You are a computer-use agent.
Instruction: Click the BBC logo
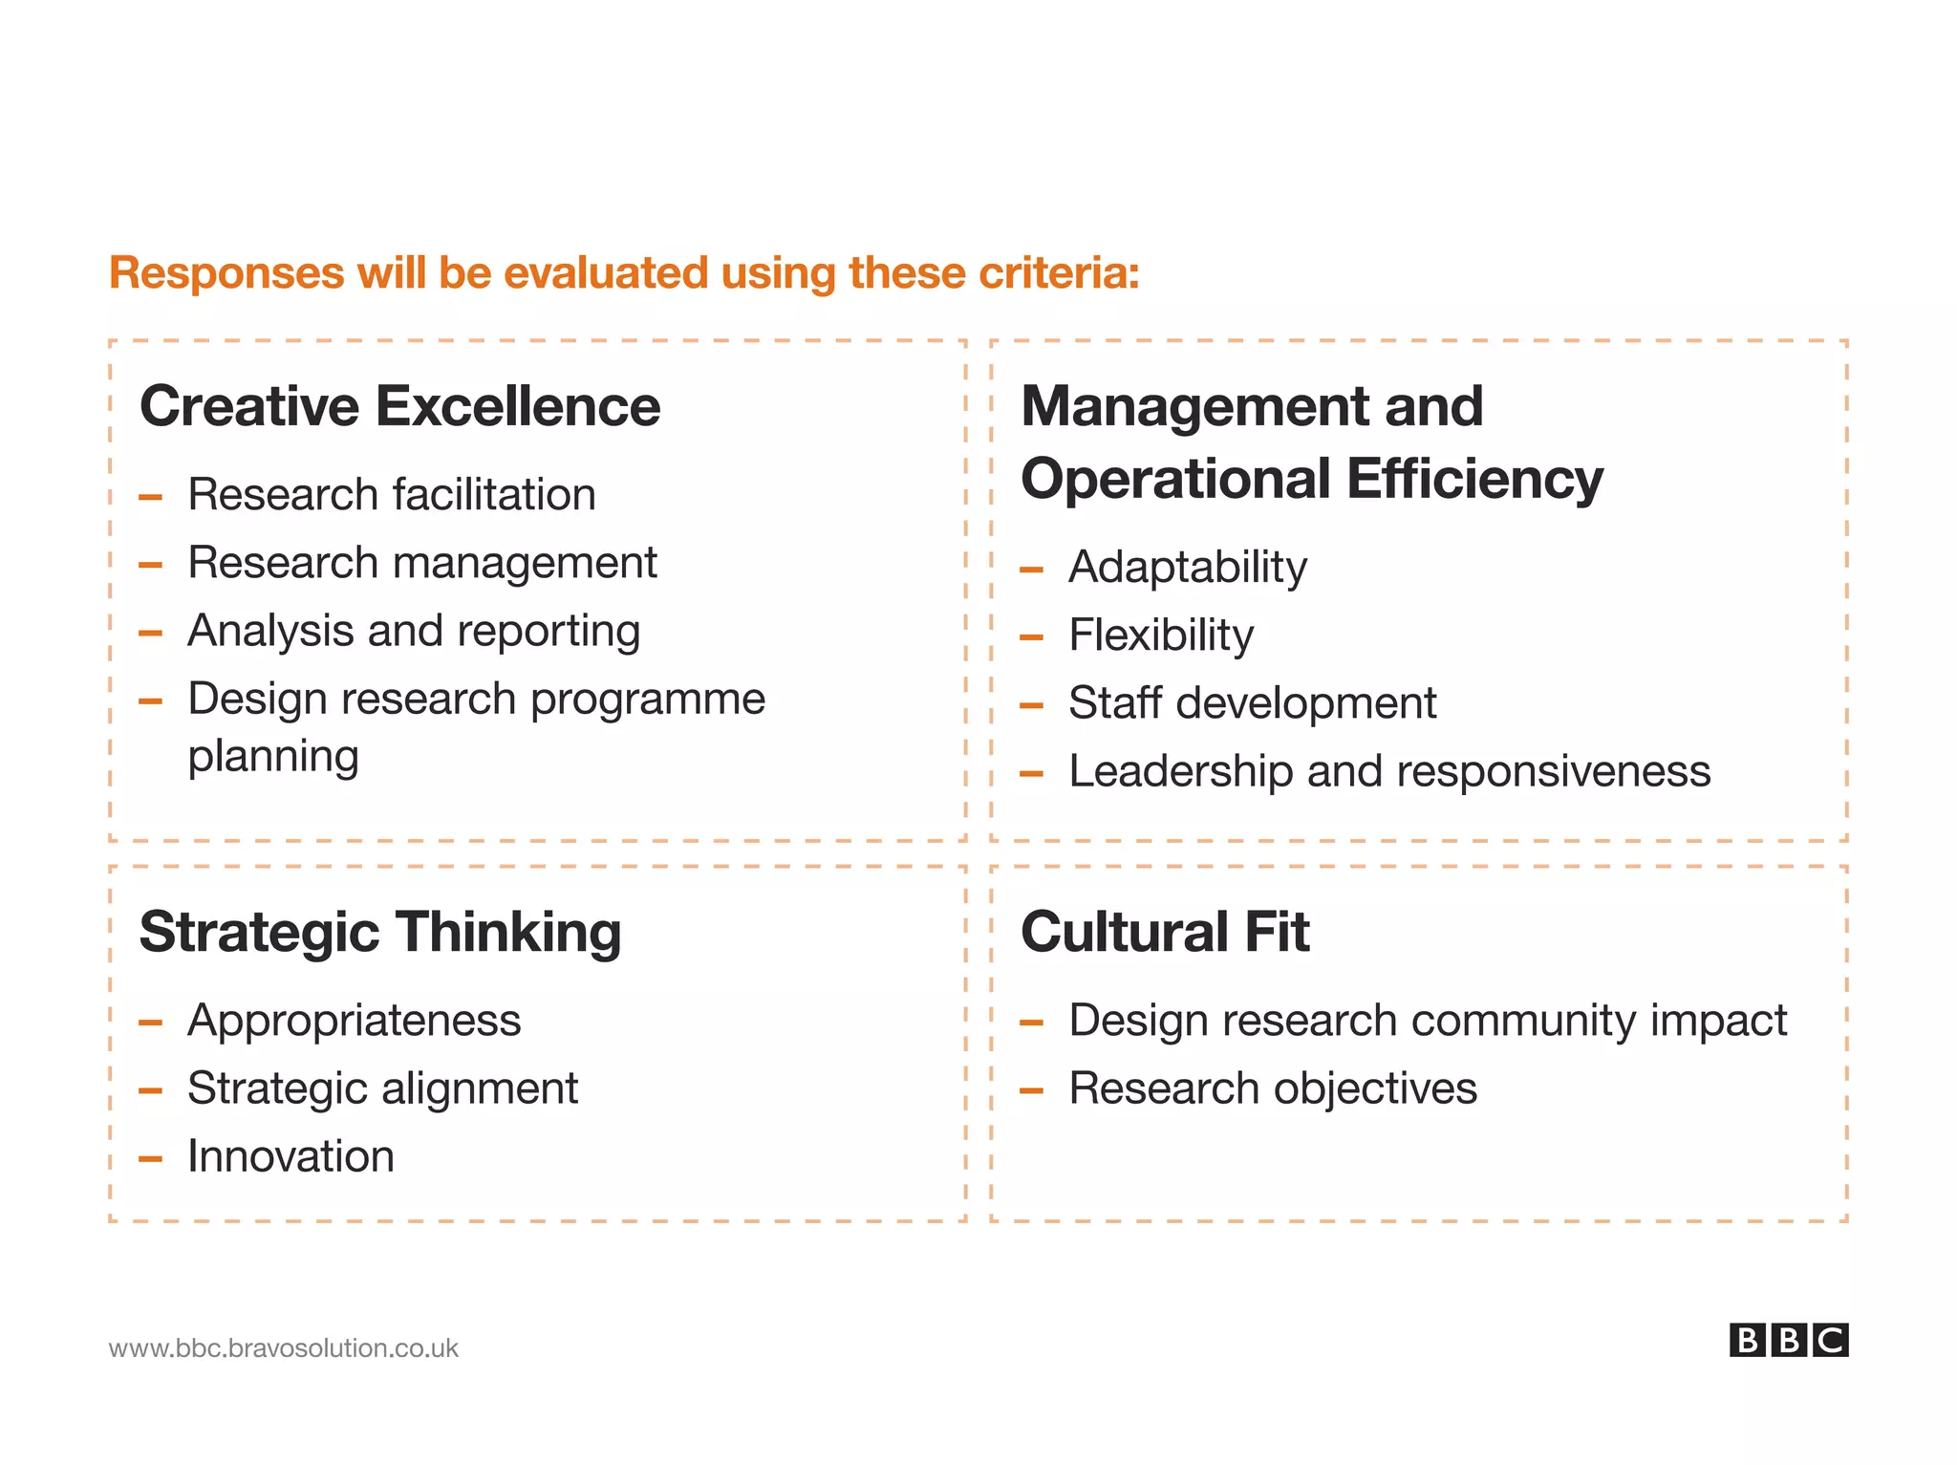click(1788, 1340)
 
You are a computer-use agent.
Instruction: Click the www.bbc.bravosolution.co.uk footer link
click(284, 1347)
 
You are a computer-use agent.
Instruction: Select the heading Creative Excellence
click(399, 406)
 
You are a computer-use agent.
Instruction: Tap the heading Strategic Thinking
click(380, 932)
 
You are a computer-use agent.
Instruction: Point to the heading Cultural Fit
click(1165, 932)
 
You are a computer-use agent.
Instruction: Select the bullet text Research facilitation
click(392, 495)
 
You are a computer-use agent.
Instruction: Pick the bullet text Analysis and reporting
click(414, 631)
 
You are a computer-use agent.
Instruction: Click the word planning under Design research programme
click(273, 757)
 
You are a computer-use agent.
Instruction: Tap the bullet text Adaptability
click(1188, 568)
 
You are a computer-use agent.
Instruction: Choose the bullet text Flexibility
click(1161, 636)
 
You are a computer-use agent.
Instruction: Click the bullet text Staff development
click(1252, 703)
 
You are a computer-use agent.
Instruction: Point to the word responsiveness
click(1559, 771)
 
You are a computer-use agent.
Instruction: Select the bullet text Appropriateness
click(355, 1021)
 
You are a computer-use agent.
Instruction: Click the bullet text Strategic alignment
click(382, 1088)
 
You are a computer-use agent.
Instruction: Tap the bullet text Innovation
click(290, 1156)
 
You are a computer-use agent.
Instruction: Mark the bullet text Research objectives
click(1273, 1088)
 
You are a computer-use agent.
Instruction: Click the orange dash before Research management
click(150, 565)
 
